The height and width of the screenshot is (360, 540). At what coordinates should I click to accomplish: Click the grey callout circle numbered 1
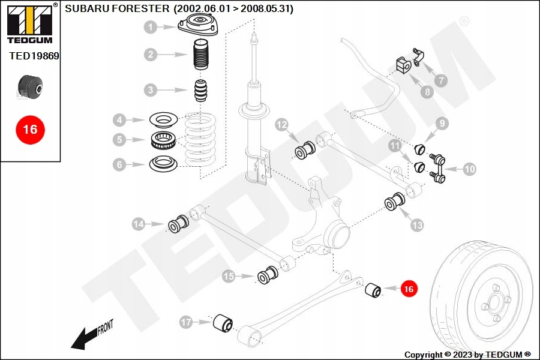(x=150, y=27)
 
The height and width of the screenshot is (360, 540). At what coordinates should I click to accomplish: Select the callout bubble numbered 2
(x=150, y=55)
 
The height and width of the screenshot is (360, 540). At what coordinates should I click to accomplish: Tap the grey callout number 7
(x=440, y=80)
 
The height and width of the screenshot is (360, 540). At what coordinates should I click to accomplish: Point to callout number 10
(x=469, y=169)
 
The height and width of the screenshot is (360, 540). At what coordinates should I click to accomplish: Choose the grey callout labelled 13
(x=417, y=225)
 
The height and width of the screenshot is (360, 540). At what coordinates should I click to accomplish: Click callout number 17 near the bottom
(x=186, y=323)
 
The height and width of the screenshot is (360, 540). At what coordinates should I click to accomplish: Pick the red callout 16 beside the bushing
(x=409, y=289)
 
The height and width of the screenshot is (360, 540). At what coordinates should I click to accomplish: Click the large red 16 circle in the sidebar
(x=30, y=129)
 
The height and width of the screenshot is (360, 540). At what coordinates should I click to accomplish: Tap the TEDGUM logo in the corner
(x=29, y=23)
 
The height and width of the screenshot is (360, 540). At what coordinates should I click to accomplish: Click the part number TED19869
(x=34, y=56)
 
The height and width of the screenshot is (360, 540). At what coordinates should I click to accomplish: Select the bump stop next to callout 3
(x=201, y=91)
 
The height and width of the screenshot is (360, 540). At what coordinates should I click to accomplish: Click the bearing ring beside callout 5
(x=162, y=141)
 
